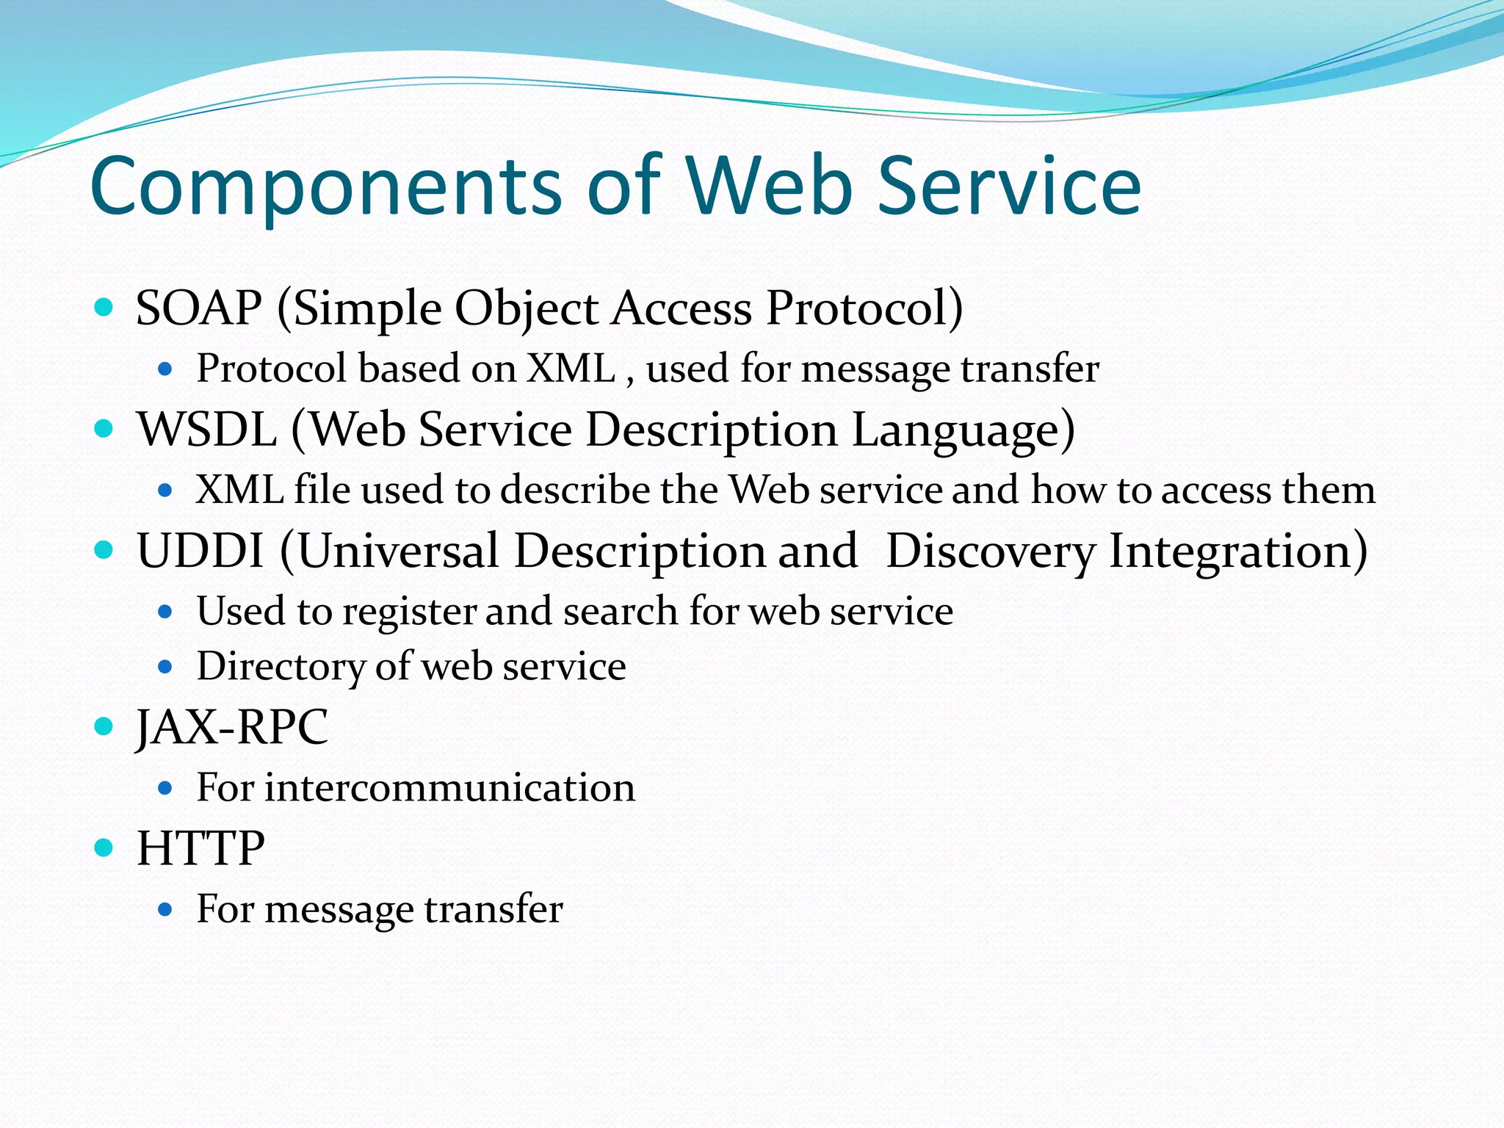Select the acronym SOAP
[x=199, y=308]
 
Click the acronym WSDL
[x=207, y=430]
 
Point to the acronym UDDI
[x=200, y=551]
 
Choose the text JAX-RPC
[x=232, y=728]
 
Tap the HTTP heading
[x=200, y=849]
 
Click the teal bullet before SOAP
[x=104, y=307]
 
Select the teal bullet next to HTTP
[x=104, y=848]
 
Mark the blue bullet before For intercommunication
[x=165, y=789]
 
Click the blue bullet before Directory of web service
[x=165, y=668]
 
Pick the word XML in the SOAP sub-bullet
[x=571, y=369]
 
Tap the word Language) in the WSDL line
[x=963, y=430]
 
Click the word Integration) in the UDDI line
[x=1238, y=551]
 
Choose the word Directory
[x=281, y=667]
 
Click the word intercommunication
[x=449, y=788]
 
